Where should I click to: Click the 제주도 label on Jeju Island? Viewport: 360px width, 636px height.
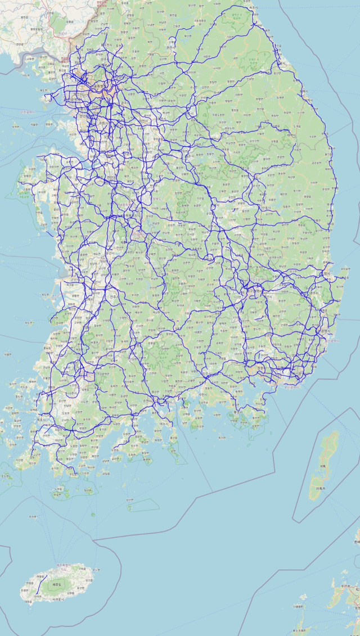click(56, 585)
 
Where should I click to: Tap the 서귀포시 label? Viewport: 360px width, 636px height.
click(58, 599)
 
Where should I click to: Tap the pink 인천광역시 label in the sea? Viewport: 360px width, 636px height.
click(28, 111)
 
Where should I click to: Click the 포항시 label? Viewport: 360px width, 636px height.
click(327, 274)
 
